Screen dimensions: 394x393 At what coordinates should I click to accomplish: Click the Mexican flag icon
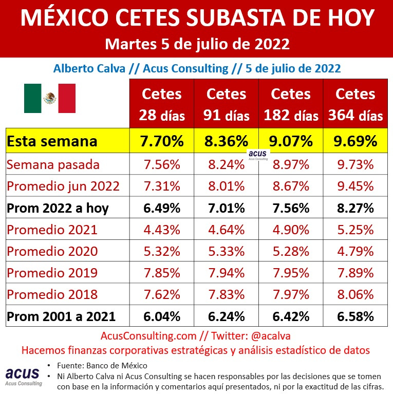tap(50, 98)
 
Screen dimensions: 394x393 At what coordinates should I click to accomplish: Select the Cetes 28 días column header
tap(161, 104)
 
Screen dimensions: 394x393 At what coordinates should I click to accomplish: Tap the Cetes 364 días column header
tap(355, 104)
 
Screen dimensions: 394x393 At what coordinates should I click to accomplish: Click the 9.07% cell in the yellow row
tap(291, 141)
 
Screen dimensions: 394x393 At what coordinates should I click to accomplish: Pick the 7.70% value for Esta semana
tap(161, 141)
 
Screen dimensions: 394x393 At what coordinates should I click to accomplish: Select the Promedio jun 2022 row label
tap(63, 186)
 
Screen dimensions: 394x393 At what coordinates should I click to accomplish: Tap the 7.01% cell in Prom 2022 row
tap(226, 208)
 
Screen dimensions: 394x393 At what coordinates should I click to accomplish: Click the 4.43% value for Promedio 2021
tap(161, 230)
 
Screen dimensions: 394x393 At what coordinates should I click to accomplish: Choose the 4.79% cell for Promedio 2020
tap(355, 252)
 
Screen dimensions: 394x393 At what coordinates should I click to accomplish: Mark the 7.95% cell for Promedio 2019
tap(291, 273)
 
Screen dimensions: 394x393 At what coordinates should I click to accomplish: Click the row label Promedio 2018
tap(52, 295)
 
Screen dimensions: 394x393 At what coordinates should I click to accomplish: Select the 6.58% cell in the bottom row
tap(355, 317)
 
